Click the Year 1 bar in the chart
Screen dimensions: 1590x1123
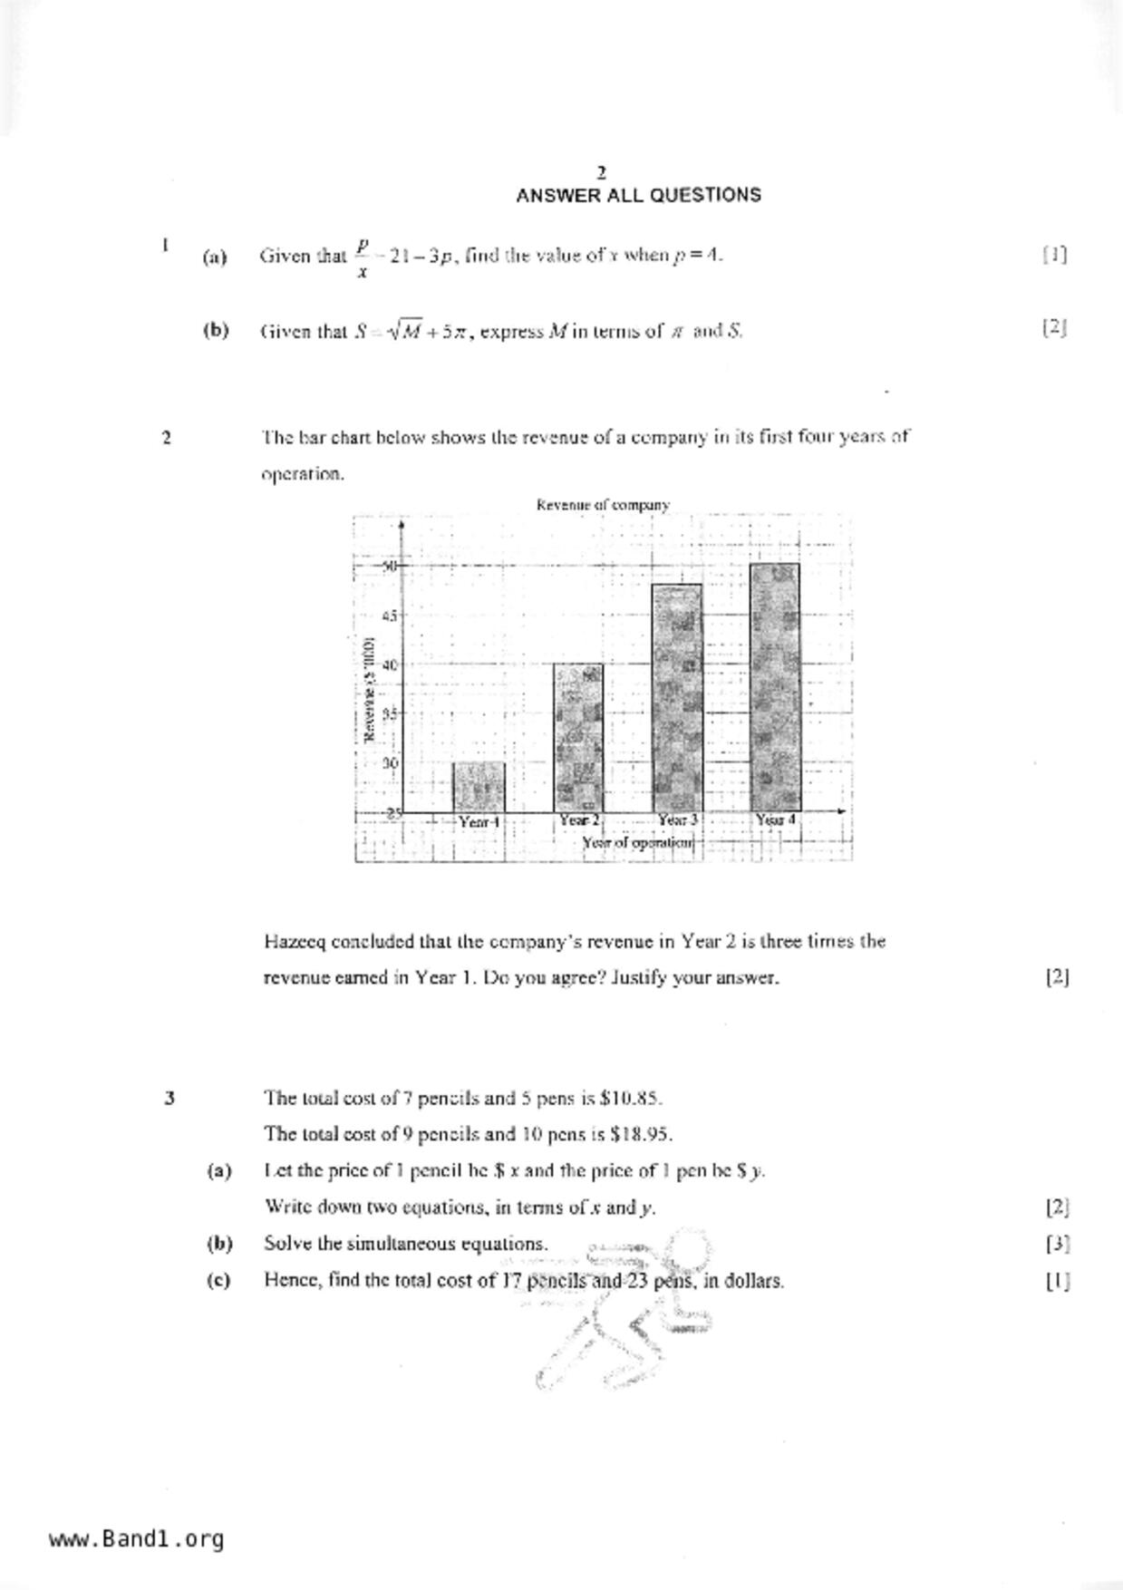(479, 787)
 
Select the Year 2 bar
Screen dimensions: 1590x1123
(578, 738)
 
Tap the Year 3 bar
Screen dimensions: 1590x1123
(677, 698)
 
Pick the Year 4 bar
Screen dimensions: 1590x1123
(775, 687)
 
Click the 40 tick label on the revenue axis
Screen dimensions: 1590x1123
(390, 664)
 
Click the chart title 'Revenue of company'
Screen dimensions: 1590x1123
(603, 505)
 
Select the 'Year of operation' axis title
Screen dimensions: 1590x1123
(638, 843)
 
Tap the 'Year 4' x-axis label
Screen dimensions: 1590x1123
(775, 820)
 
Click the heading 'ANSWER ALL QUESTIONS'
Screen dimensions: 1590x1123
(638, 196)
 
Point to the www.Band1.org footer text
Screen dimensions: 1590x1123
(136, 1539)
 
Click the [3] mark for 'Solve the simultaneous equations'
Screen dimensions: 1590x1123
(1057, 1244)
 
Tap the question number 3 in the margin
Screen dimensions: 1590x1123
(169, 1099)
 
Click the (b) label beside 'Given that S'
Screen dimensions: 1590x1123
(216, 331)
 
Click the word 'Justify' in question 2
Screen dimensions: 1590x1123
(643, 978)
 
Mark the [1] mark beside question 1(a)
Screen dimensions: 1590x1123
(1055, 255)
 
